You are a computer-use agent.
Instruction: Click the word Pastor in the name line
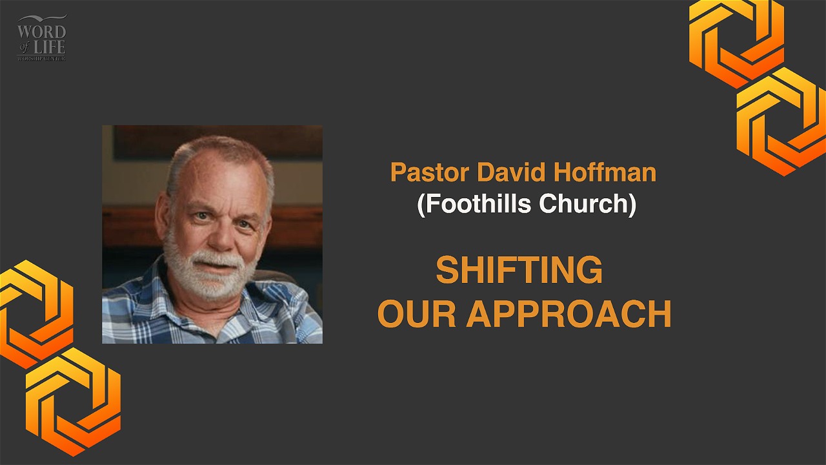coord(430,172)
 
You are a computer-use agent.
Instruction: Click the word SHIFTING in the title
coord(519,270)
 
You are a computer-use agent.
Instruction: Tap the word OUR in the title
coord(417,314)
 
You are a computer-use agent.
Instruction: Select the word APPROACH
coord(569,314)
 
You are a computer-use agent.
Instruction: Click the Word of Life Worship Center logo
coord(42,37)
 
